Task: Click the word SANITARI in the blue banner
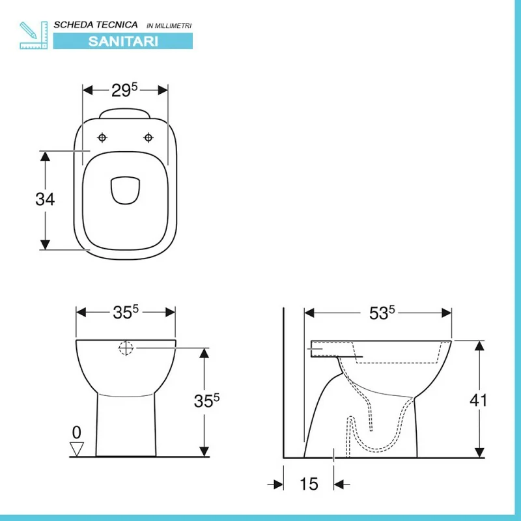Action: (123, 41)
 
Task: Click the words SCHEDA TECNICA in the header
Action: (96, 25)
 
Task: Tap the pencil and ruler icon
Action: (34, 35)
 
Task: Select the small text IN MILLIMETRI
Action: (169, 25)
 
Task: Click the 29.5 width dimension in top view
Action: (124, 90)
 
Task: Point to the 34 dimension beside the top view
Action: (45, 199)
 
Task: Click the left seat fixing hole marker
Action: (102, 137)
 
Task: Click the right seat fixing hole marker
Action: (148, 137)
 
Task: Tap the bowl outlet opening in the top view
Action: (125, 190)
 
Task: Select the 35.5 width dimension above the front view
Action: (126, 312)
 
